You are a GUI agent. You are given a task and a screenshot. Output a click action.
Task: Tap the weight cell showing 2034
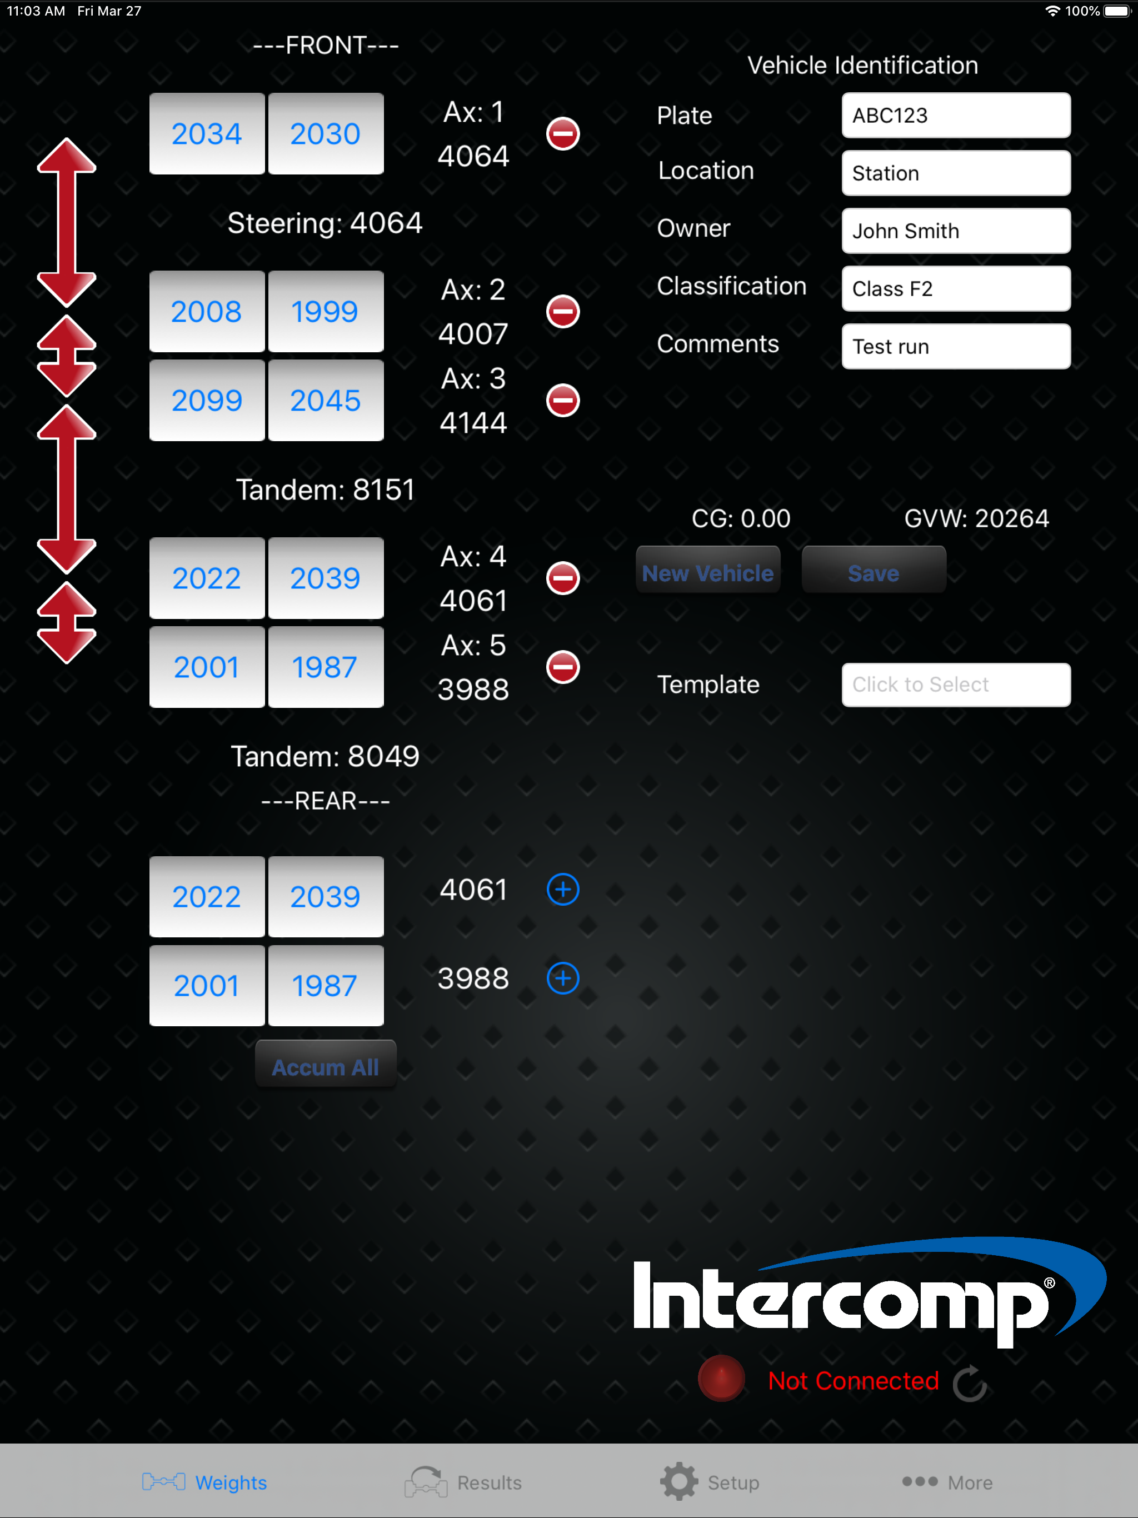coord(207,133)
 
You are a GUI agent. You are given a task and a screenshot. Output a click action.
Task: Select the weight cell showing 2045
coord(325,400)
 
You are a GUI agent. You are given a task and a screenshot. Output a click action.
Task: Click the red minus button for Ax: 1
coord(563,134)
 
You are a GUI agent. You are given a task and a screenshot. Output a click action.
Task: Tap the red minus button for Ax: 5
coord(563,667)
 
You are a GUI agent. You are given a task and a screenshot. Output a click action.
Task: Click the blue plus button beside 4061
coord(563,890)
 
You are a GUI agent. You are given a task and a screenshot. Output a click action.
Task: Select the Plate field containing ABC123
coord(956,115)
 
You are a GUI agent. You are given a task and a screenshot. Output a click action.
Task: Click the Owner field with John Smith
coord(956,231)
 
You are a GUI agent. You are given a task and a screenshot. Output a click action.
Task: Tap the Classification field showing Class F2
coord(956,289)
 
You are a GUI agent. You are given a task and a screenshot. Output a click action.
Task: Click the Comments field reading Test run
coord(956,347)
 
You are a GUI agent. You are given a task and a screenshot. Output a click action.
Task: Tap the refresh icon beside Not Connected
coord(970,1383)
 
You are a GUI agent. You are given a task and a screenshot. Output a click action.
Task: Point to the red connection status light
coord(721,1378)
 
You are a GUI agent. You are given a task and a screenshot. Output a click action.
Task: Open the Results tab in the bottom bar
coord(463,1482)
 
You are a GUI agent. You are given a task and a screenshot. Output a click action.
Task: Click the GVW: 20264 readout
coord(977,518)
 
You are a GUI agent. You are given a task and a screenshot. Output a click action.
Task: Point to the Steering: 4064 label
coord(325,223)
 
